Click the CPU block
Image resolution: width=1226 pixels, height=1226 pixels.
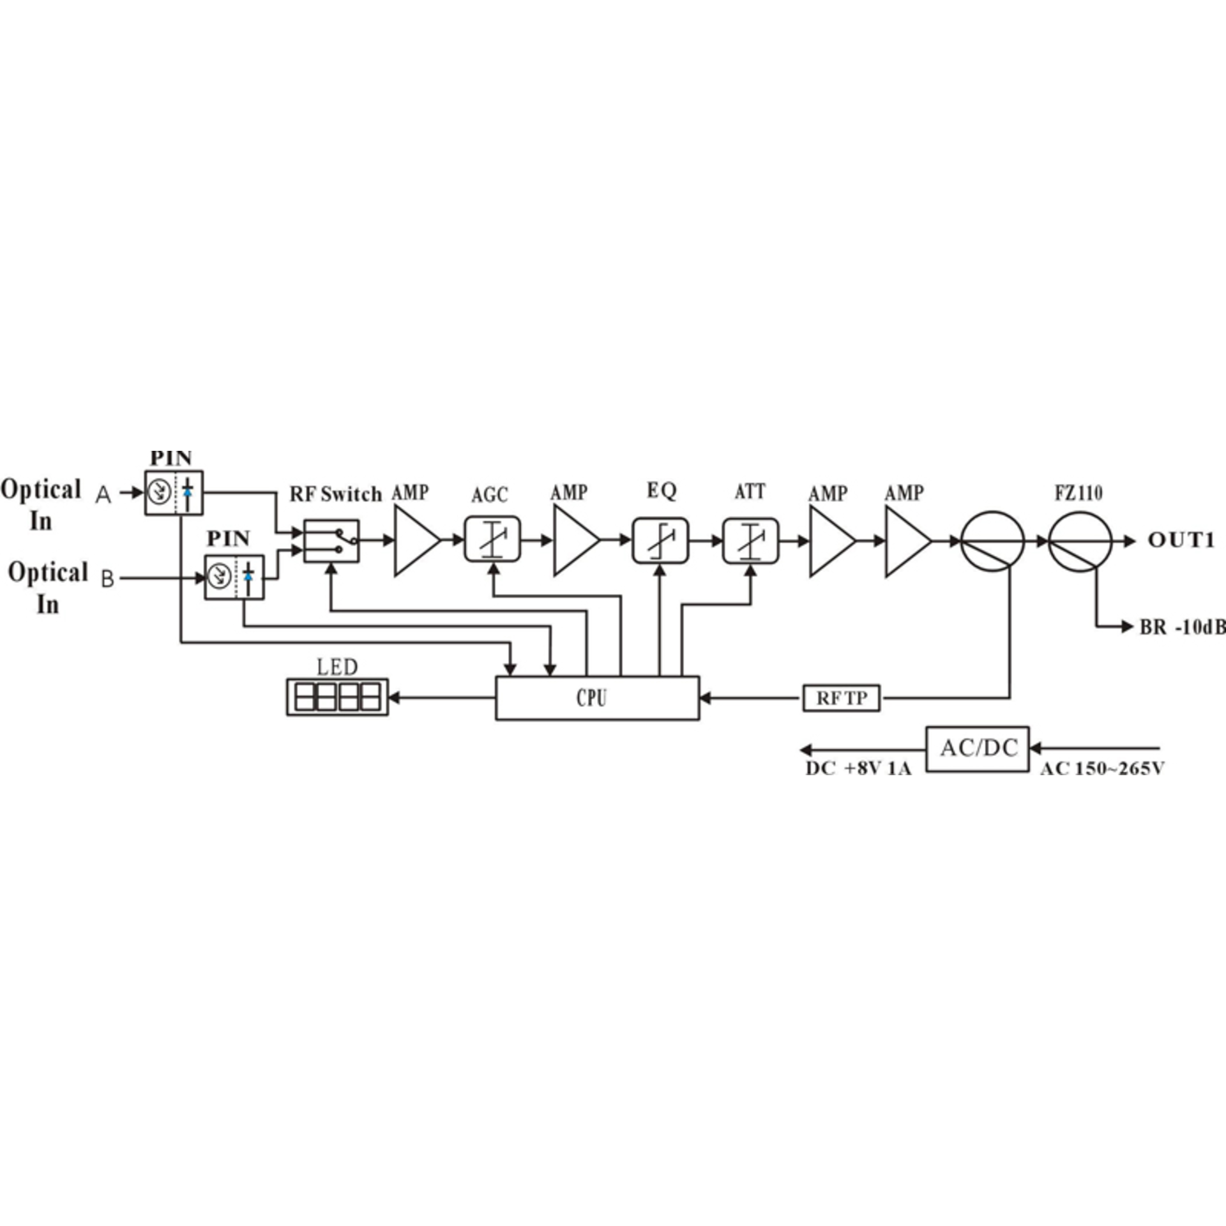(x=597, y=697)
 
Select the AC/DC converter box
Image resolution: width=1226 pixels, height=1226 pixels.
(x=978, y=748)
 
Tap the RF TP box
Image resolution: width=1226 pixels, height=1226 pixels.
(x=841, y=698)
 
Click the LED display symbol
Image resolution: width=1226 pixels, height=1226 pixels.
(x=337, y=697)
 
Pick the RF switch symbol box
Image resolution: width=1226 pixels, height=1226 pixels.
(x=331, y=541)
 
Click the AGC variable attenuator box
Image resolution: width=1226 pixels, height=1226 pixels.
(x=492, y=540)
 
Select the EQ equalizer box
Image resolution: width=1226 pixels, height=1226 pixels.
(x=660, y=541)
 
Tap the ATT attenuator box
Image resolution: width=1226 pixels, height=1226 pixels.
(x=750, y=541)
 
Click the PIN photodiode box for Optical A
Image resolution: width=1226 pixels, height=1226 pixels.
(x=174, y=492)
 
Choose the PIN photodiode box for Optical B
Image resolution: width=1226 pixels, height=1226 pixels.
(x=234, y=577)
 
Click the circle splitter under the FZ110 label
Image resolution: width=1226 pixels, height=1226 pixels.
(x=1080, y=541)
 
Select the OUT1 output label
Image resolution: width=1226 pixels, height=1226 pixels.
(x=1181, y=540)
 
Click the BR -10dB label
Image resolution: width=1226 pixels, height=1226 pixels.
(x=1182, y=627)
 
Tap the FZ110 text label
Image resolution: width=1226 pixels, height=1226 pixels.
(x=1078, y=493)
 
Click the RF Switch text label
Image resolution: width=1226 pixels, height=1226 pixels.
(x=335, y=494)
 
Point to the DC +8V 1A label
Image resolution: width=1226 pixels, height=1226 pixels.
(x=858, y=767)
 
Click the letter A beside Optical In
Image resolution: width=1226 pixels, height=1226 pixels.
(x=103, y=494)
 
